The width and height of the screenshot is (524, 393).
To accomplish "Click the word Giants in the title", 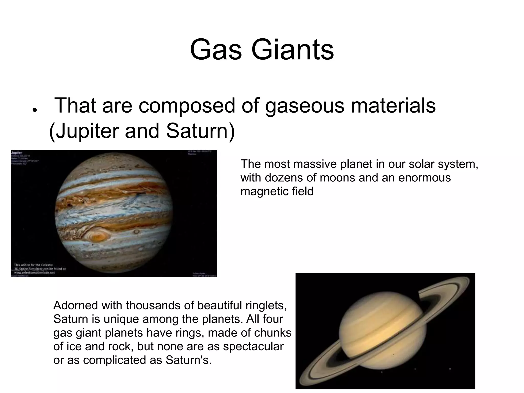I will [292, 50].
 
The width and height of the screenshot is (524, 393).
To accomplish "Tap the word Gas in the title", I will [216, 50].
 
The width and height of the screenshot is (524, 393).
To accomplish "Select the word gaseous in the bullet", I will [305, 106].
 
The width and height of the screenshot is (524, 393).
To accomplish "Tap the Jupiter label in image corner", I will [17, 153].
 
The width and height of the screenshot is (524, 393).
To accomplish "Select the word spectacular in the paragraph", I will [253, 346].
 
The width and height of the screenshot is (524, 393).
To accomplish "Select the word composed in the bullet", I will [187, 106].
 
